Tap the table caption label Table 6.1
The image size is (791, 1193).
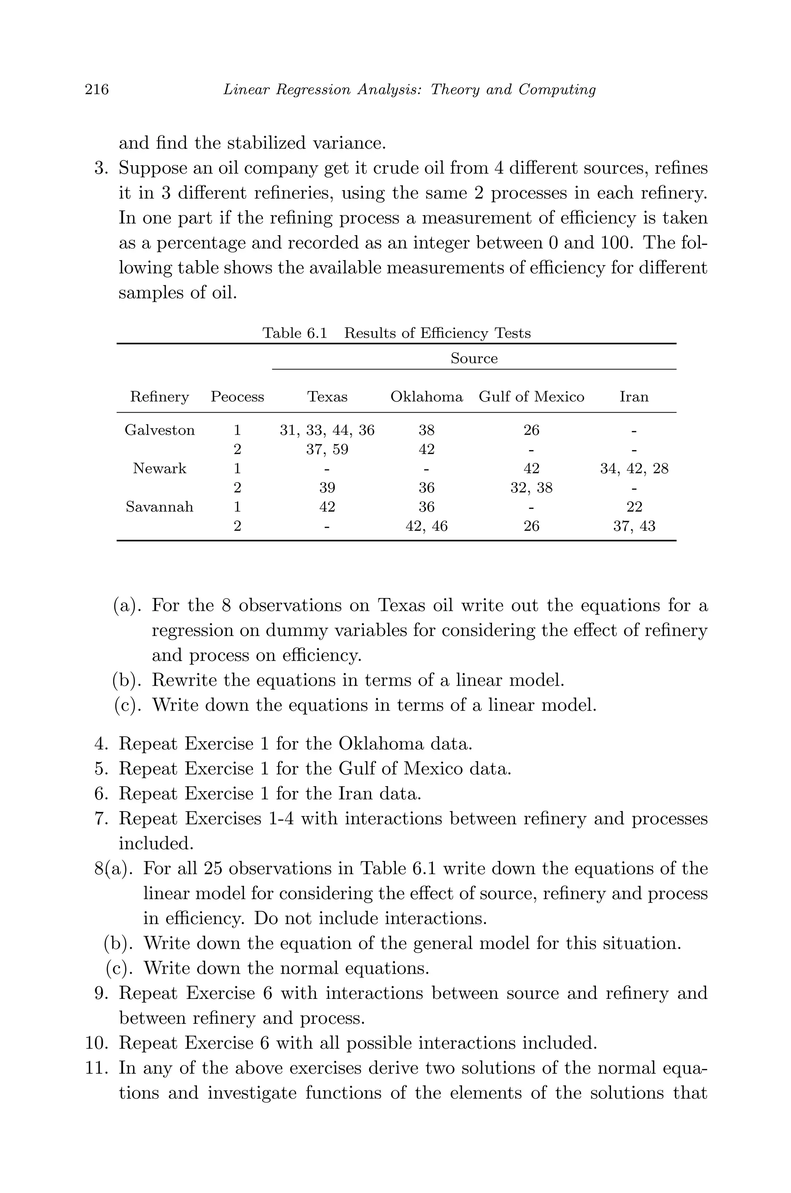[x=295, y=333]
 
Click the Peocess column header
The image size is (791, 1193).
[x=237, y=397]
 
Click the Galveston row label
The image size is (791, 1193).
[x=160, y=430]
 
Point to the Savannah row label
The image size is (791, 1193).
[x=160, y=507]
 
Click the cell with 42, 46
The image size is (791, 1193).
[x=426, y=526]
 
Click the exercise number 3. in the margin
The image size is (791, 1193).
[x=102, y=168]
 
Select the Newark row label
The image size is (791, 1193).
[x=160, y=468]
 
